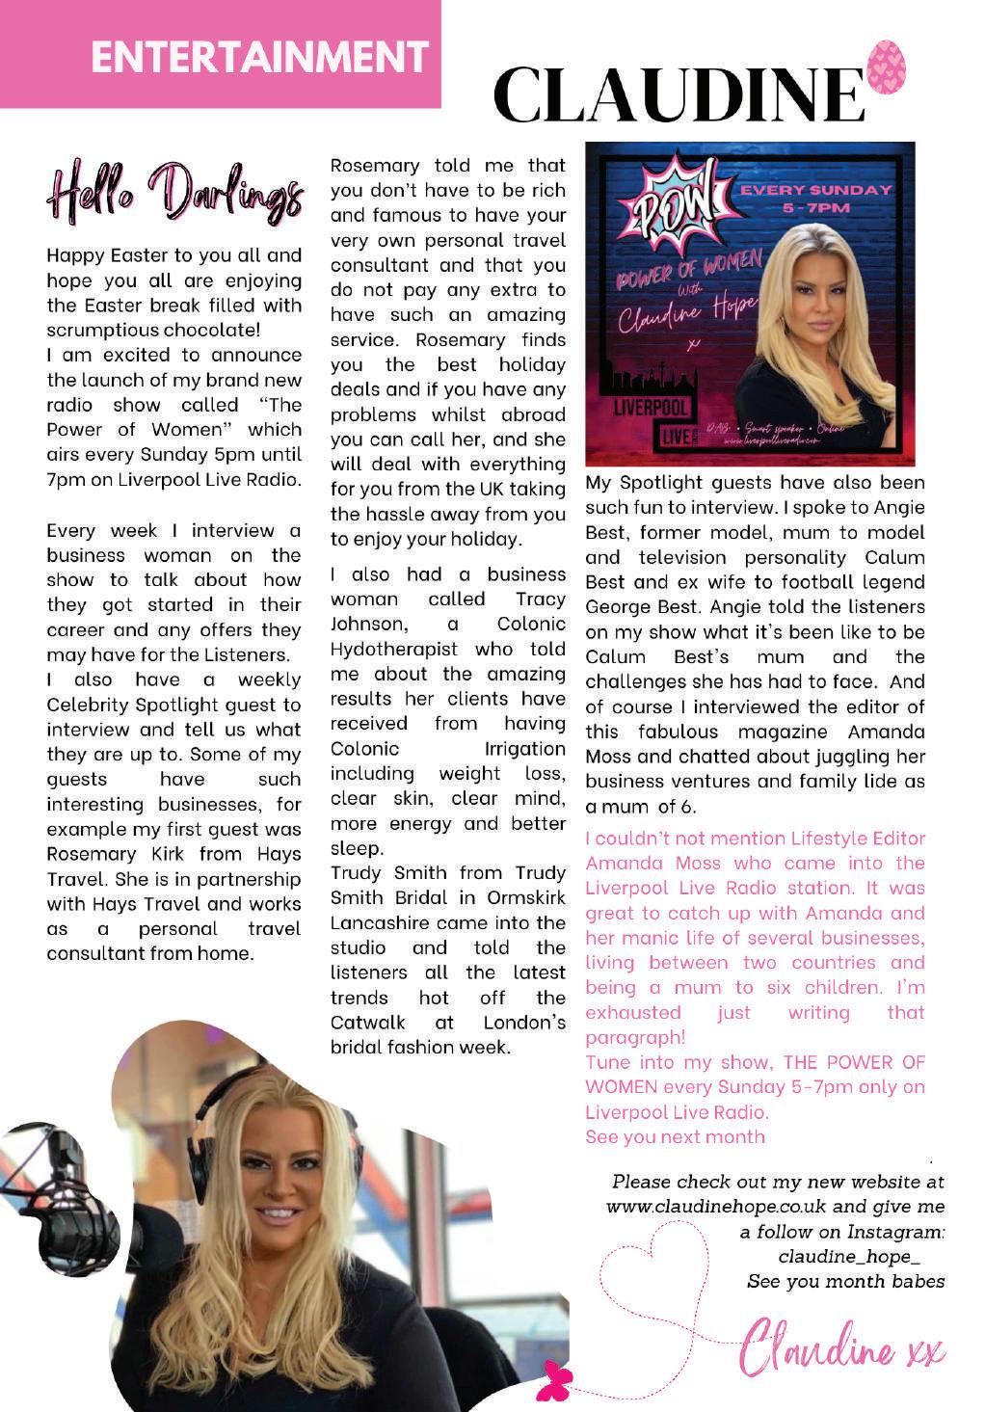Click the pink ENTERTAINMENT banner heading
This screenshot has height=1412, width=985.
point(259,56)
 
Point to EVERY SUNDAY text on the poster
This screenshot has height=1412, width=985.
point(815,190)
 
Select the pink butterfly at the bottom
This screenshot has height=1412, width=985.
point(557,1379)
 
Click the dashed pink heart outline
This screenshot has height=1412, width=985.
point(656,1272)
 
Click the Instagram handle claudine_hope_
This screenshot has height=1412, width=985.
point(848,1257)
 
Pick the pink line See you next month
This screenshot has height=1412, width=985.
point(676,1136)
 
